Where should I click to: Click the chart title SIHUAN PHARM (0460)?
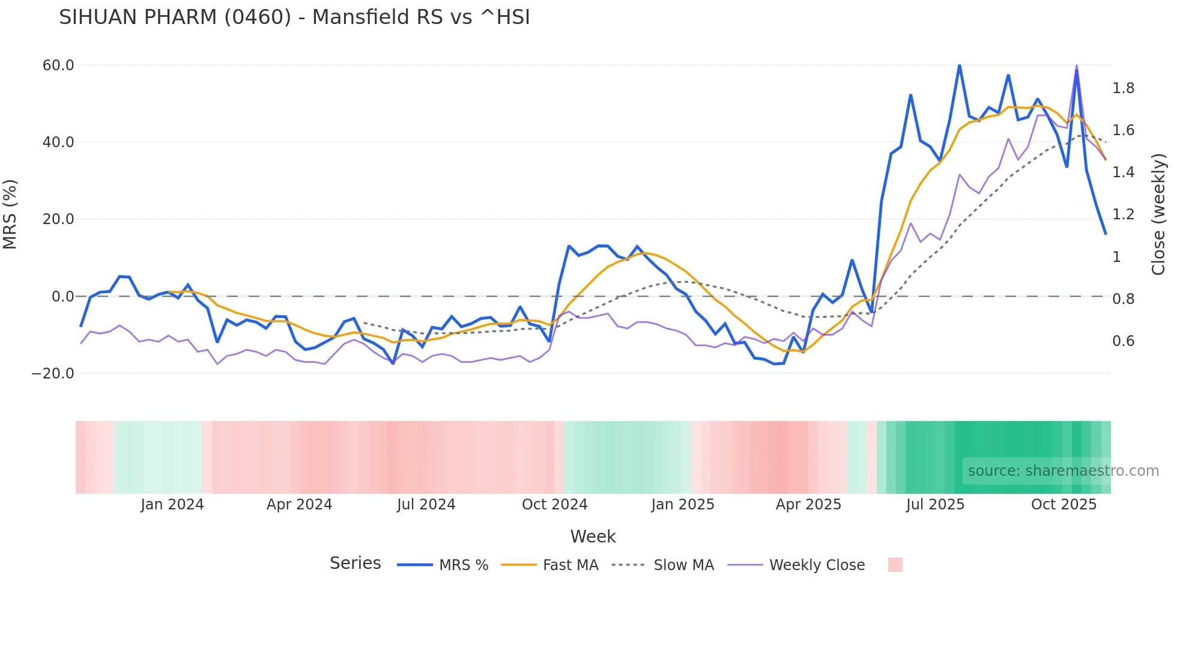pos(294,17)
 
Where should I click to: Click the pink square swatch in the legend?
pos(895,565)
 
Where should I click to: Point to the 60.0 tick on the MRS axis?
pos(58,65)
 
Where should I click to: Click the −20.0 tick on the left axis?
pos(53,374)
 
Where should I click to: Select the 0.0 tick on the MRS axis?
pos(63,297)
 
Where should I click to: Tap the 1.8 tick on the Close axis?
pos(1124,88)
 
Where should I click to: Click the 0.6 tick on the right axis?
pos(1124,341)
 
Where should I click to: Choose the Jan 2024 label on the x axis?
pos(172,505)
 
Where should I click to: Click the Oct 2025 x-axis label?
pos(1064,505)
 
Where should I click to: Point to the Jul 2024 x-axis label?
pos(426,505)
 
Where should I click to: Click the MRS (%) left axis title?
pos(10,214)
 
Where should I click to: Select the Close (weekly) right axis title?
pos(1159,214)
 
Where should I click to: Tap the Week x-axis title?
pos(593,536)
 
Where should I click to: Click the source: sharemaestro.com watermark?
pos(1063,471)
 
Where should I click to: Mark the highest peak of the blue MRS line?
pos(959,65)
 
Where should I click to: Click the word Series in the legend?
pos(355,563)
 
